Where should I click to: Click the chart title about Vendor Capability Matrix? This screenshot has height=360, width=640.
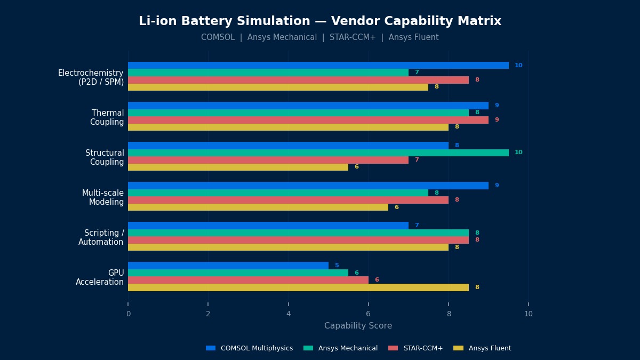[x=320, y=21]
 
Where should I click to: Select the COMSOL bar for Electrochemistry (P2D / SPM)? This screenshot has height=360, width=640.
[x=318, y=65]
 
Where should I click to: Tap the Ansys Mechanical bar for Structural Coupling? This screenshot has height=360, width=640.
[x=318, y=153]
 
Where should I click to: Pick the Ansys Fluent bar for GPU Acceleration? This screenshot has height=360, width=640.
[x=298, y=287]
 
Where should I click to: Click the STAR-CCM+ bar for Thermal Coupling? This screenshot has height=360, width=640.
[x=308, y=120]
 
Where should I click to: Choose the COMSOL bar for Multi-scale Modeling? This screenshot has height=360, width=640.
[x=308, y=186]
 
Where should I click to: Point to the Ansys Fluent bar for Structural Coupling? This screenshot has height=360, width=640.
[x=238, y=167]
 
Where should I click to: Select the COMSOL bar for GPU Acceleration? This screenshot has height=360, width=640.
[x=228, y=266]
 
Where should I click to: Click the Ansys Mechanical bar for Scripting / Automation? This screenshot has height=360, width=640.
[x=298, y=233]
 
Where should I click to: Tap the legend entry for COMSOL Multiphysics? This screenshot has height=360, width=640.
[x=249, y=348]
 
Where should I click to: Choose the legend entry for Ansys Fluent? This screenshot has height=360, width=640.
[x=482, y=348]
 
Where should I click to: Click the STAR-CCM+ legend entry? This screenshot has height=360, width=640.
[x=415, y=348]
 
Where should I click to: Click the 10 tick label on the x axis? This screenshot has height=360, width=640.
[x=529, y=314]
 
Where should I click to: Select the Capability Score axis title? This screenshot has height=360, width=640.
[x=358, y=326]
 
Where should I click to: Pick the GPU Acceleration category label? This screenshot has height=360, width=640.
[x=100, y=277]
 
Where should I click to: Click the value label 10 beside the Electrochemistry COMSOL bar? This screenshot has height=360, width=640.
[x=518, y=66]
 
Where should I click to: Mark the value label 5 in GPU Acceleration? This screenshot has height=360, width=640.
[x=337, y=266]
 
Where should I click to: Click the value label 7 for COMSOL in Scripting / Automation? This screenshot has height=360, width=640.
[x=417, y=226]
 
